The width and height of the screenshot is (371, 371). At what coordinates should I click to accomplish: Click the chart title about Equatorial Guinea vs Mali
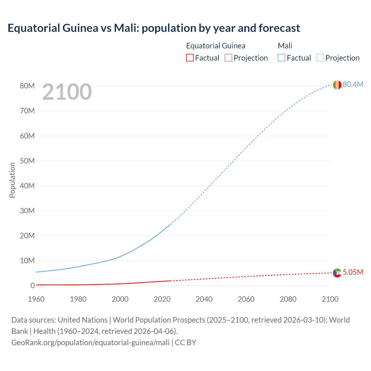pos(154,28)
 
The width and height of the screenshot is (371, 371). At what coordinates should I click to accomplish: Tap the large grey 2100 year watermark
pos(67,92)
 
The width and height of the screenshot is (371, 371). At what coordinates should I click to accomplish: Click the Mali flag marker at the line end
pos(337,85)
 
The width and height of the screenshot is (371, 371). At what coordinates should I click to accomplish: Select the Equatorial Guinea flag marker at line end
pos(337,273)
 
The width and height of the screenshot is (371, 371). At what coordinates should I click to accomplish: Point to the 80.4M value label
pos(353,84)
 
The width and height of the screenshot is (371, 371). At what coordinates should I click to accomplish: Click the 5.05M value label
pos(353,272)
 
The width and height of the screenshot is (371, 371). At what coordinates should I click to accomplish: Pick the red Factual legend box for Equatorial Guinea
pos(190,58)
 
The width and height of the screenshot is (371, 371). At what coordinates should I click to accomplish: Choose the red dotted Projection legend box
pos(228,58)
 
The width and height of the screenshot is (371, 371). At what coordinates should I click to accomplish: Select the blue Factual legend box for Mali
pos(281,58)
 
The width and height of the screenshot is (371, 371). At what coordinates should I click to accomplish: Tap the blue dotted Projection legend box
pos(320,58)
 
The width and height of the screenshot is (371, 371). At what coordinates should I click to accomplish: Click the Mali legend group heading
pos(285,46)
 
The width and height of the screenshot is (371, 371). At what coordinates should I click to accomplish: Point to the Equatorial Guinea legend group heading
pos(216,46)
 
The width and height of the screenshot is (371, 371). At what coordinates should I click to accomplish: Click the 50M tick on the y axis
pos(27,161)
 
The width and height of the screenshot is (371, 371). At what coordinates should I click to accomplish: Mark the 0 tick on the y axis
pos(32,285)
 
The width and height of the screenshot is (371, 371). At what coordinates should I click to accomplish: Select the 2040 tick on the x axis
pos(204,299)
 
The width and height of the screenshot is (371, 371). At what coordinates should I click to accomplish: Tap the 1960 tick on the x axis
pos(36,299)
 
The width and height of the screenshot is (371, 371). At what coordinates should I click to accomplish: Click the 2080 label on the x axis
pos(288,299)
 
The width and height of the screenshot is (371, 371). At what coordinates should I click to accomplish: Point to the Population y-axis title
pos(12,180)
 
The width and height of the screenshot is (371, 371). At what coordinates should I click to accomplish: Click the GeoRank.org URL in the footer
pos(90,343)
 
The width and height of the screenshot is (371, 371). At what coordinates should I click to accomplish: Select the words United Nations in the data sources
pos(83,320)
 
